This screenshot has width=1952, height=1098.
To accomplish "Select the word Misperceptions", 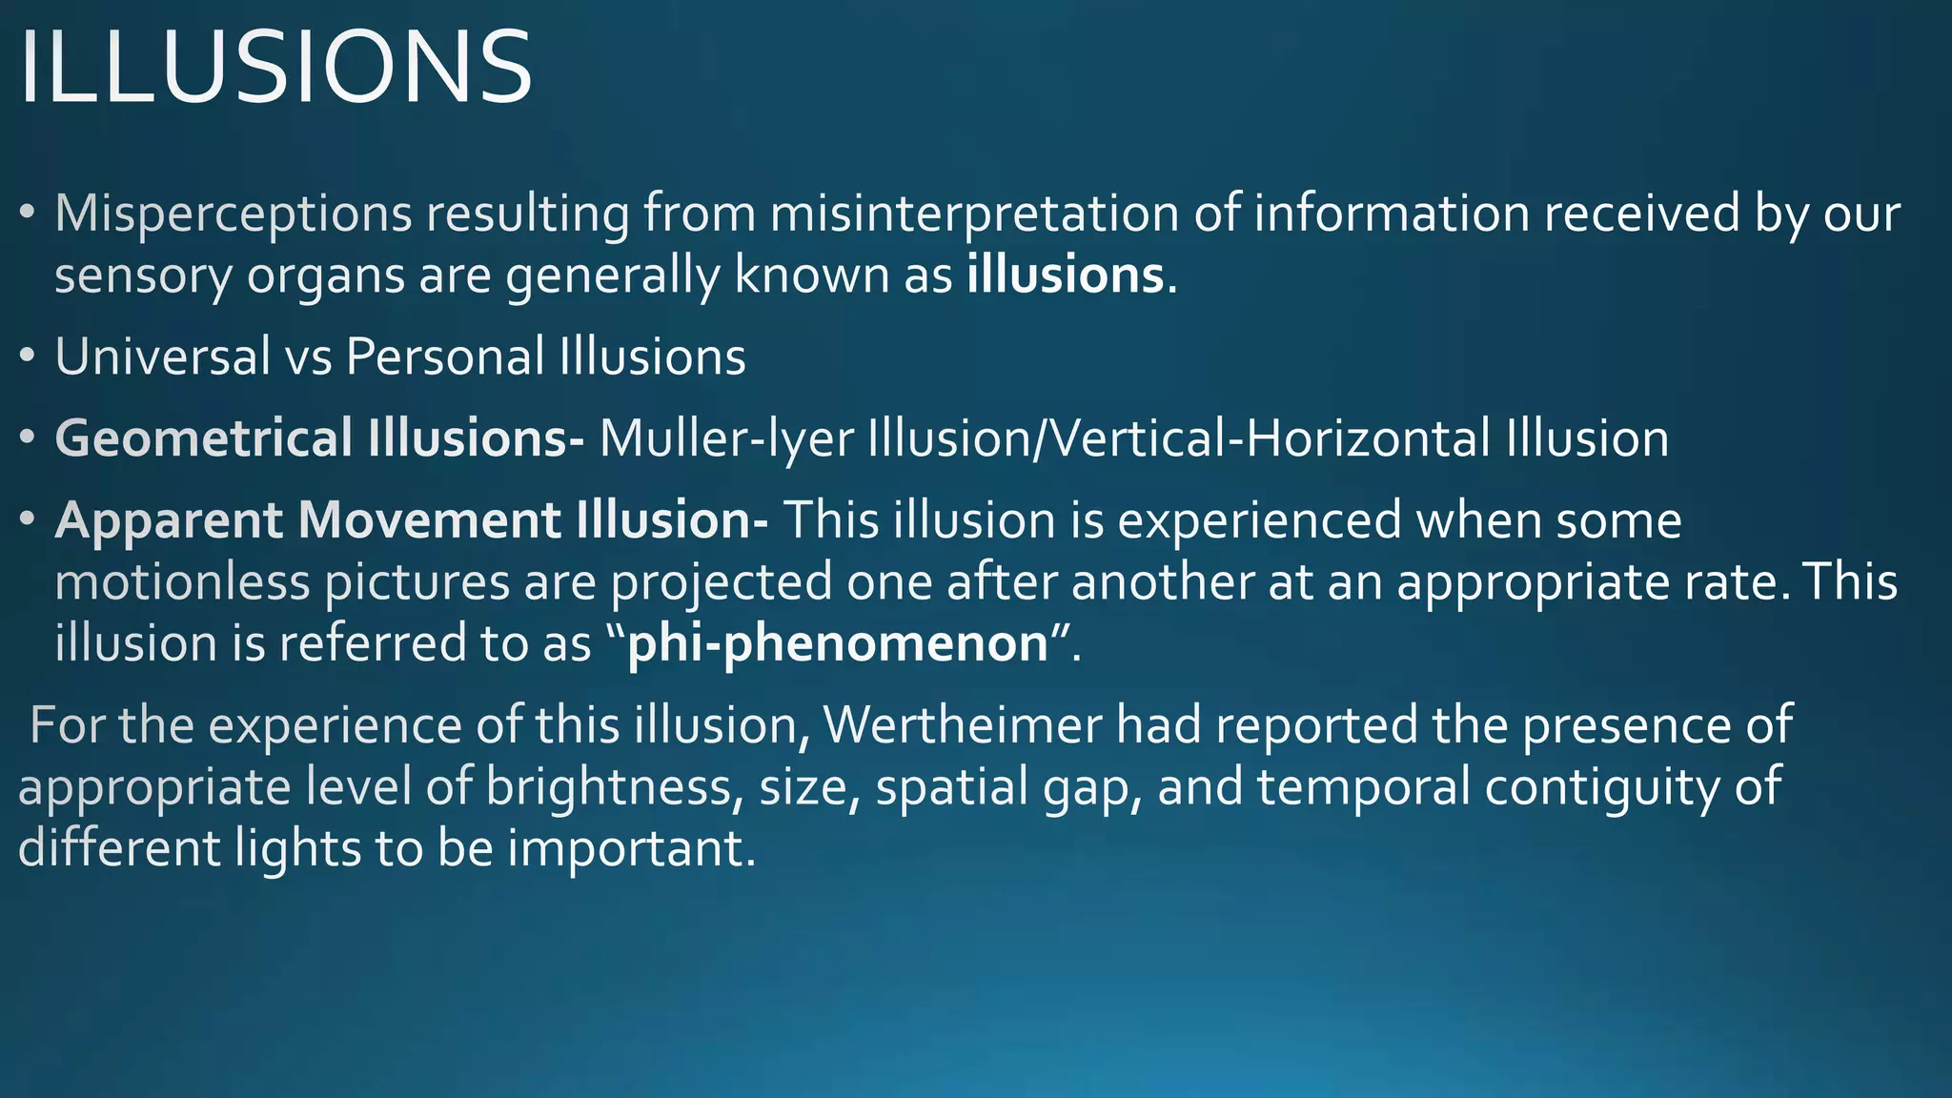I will tap(234, 213).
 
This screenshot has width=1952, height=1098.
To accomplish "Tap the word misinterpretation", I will tap(974, 213).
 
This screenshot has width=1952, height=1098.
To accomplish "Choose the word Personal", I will tap(445, 357).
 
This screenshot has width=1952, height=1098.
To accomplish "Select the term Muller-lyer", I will tap(725, 438).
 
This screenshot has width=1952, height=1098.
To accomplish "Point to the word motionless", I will tap(182, 582).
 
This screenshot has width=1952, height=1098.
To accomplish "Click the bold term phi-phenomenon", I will tap(838, 643).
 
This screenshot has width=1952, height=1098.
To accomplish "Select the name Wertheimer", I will tap(963, 724).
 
